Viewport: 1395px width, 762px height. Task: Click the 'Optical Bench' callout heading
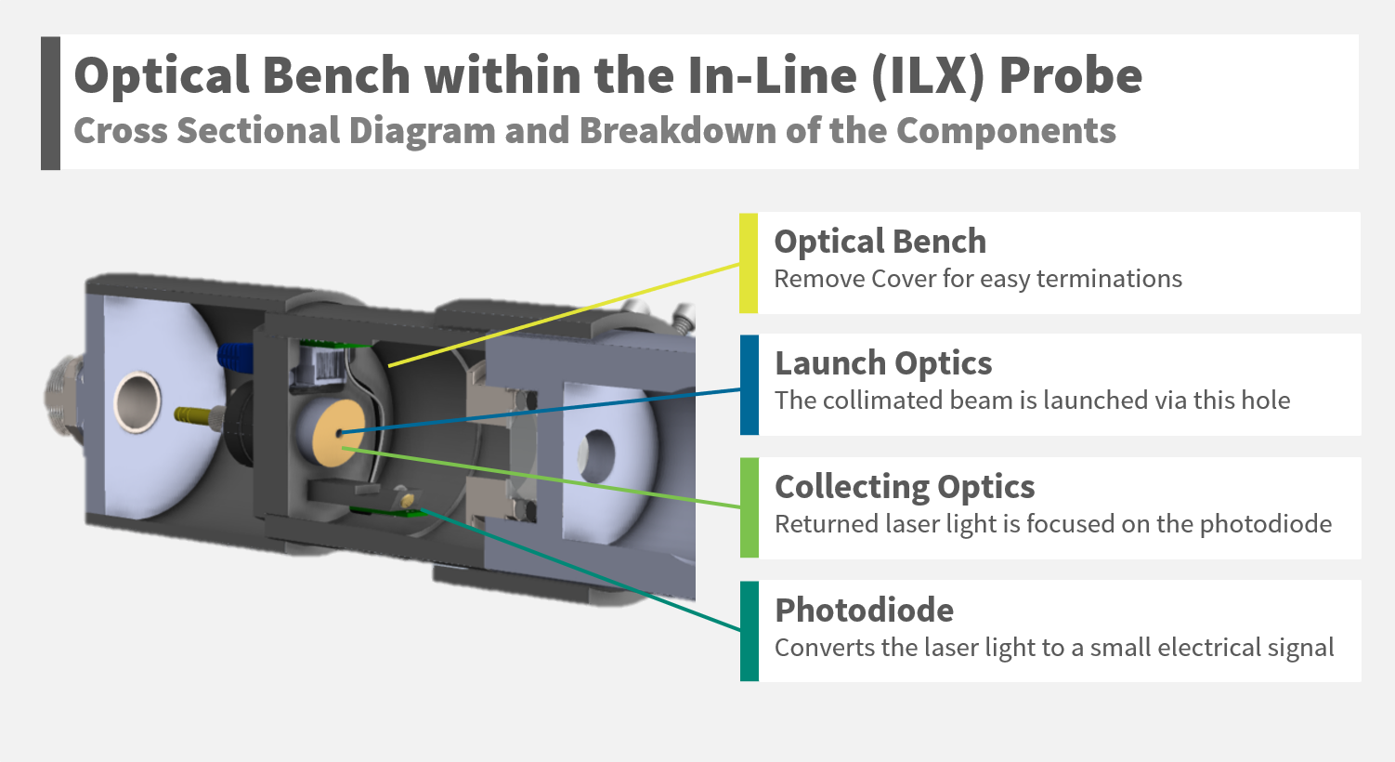click(880, 242)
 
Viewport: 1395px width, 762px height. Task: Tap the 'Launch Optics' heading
click(883, 363)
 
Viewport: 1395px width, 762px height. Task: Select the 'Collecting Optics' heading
click(905, 487)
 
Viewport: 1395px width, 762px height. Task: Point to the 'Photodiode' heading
click(864, 611)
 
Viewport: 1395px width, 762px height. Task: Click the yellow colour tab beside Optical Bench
click(749, 263)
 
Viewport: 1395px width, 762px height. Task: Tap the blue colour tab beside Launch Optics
click(749, 385)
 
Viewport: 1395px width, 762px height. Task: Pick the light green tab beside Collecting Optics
click(749, 507)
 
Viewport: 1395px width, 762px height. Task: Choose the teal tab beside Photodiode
click(749, 631)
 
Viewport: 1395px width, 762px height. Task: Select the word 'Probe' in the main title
click(1070, 76)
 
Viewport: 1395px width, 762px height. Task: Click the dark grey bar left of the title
click(50, 103)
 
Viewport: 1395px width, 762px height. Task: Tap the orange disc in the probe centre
click(339, 433)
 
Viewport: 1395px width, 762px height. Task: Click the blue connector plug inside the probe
click(235, 356)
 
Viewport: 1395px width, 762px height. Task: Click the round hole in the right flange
click(597, 455)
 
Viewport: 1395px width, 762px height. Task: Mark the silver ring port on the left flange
click(137, 402)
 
